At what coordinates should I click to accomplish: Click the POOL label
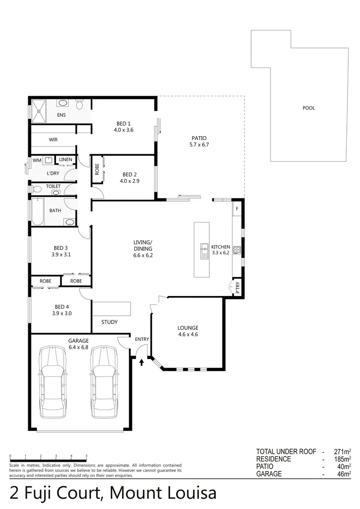pos(309,108)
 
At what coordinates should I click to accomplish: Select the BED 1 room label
pos(123,127)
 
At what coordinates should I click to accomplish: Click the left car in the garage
pos(53,382)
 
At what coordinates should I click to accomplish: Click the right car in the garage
pos(104,382)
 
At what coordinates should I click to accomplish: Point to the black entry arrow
pos(142,362)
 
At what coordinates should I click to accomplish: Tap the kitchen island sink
pos(205,251)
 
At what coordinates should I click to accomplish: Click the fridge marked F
pos(237,208)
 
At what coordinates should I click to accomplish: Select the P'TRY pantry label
pos(237,287)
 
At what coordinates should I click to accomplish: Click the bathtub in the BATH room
pos(37,212)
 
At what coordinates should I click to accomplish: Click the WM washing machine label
pos(37,160)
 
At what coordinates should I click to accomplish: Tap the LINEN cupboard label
pos(65,160)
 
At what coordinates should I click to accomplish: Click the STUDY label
pos(109,322)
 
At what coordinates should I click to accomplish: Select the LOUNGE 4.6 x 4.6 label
pos(188,331)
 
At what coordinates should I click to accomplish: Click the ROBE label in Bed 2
pos(97,169)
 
